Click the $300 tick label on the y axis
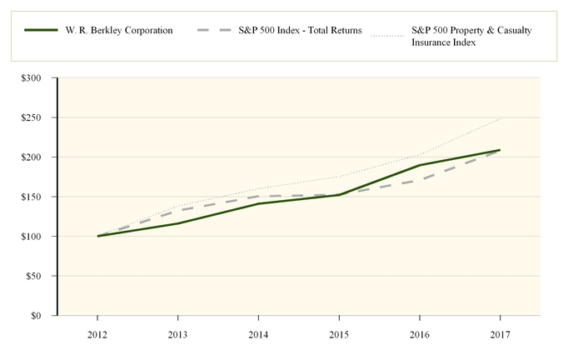pyautogui.click(x=37, y=78)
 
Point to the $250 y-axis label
pyautogui.click(x=37, y=117)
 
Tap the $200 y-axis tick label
pyautogui.click(x=37, y=157)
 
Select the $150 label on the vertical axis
pyautogui.click(x=37, y=197)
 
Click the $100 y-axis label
pyautogui.click(x=37, y=237)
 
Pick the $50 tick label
pyautogui.click(x=39, y=276)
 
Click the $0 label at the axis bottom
pyautogui.click(x=42, y=316)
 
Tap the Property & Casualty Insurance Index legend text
pyautogui.click(x=471, y=37)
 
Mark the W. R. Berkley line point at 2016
pyautogui.click(x=419, y=165)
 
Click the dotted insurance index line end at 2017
pyautogui.click(x=500, y=119)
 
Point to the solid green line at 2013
pyautogui.click(x=178, y=223)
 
